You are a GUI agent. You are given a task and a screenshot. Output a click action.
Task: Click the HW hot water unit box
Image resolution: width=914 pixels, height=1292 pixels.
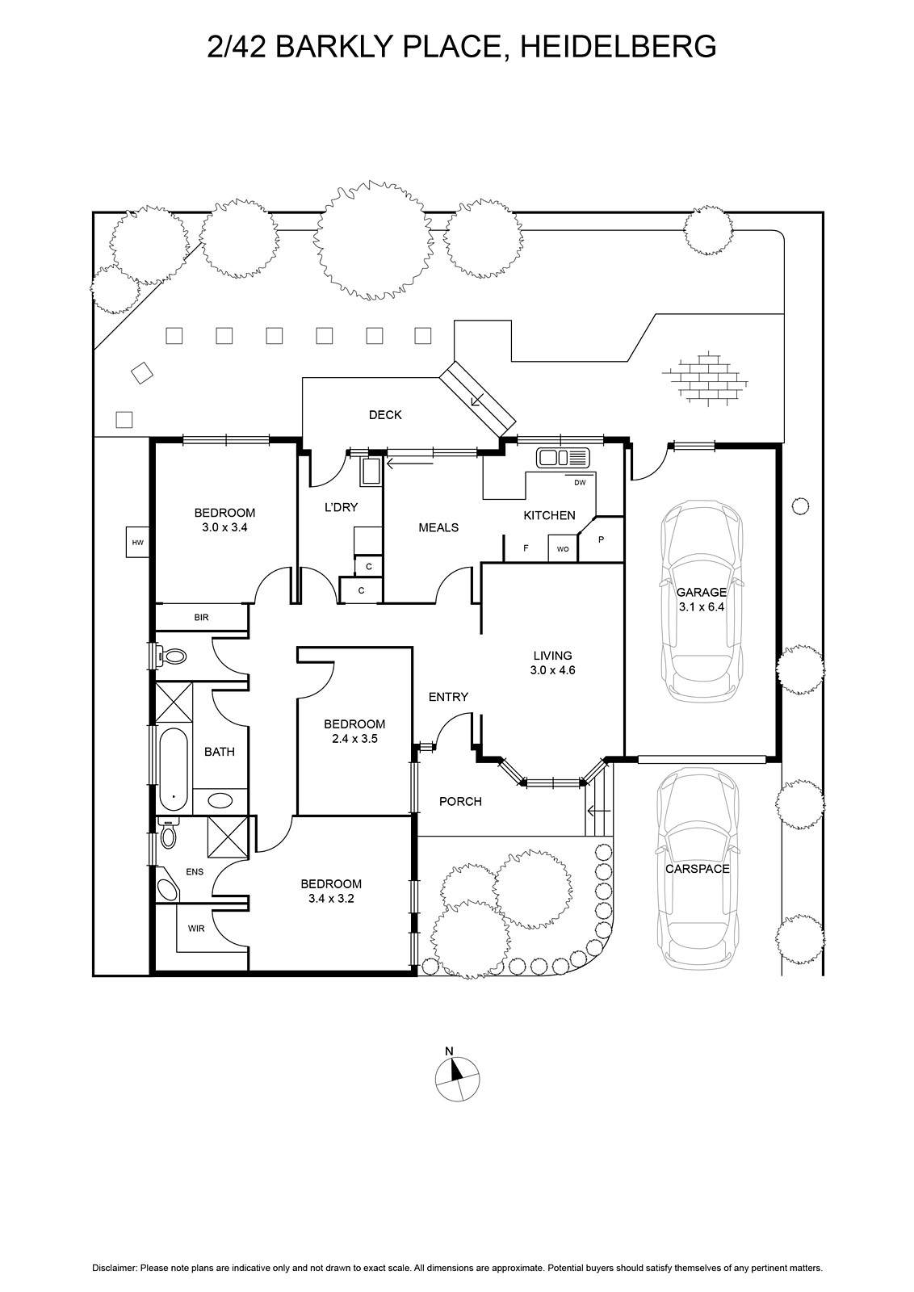pos(137,543)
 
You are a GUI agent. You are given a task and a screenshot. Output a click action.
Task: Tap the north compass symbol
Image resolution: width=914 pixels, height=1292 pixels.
pos(457,1076)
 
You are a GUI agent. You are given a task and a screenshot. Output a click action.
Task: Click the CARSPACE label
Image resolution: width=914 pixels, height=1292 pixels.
pos(697,869)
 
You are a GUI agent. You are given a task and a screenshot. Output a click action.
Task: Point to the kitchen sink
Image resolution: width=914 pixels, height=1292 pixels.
pos(564,458)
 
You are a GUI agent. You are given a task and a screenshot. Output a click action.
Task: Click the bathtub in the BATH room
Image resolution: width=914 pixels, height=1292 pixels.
pos(174,769)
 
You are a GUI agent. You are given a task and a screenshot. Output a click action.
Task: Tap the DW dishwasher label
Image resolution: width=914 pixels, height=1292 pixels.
pos(579,483)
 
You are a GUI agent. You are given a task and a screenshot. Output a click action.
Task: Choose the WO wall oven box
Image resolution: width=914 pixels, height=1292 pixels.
pos(562,549)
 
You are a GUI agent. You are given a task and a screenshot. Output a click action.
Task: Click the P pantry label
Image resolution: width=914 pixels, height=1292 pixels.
pos(600,539)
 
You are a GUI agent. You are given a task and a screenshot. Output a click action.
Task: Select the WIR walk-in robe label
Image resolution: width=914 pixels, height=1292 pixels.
pos(196,929)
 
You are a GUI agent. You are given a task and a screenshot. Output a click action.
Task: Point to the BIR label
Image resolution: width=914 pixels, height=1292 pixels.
pos(201,618)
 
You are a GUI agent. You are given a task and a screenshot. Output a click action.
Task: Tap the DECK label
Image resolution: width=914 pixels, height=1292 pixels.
pos(385,415)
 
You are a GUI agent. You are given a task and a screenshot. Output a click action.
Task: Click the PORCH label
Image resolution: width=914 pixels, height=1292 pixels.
pos(460,801)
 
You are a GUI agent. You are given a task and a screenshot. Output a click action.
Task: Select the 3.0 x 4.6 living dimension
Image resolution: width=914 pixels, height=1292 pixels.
pos(552,670)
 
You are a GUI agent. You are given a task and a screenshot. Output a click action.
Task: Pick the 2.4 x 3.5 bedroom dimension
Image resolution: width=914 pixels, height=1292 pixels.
pos(354,738)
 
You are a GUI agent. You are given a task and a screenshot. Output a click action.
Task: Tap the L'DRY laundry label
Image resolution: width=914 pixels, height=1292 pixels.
pos(341,507)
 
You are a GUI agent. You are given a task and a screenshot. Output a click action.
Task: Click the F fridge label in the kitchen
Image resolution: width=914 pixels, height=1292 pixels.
pos(526,548)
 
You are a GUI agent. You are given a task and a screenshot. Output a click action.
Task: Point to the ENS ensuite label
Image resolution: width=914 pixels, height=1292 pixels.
pos(195,871)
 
